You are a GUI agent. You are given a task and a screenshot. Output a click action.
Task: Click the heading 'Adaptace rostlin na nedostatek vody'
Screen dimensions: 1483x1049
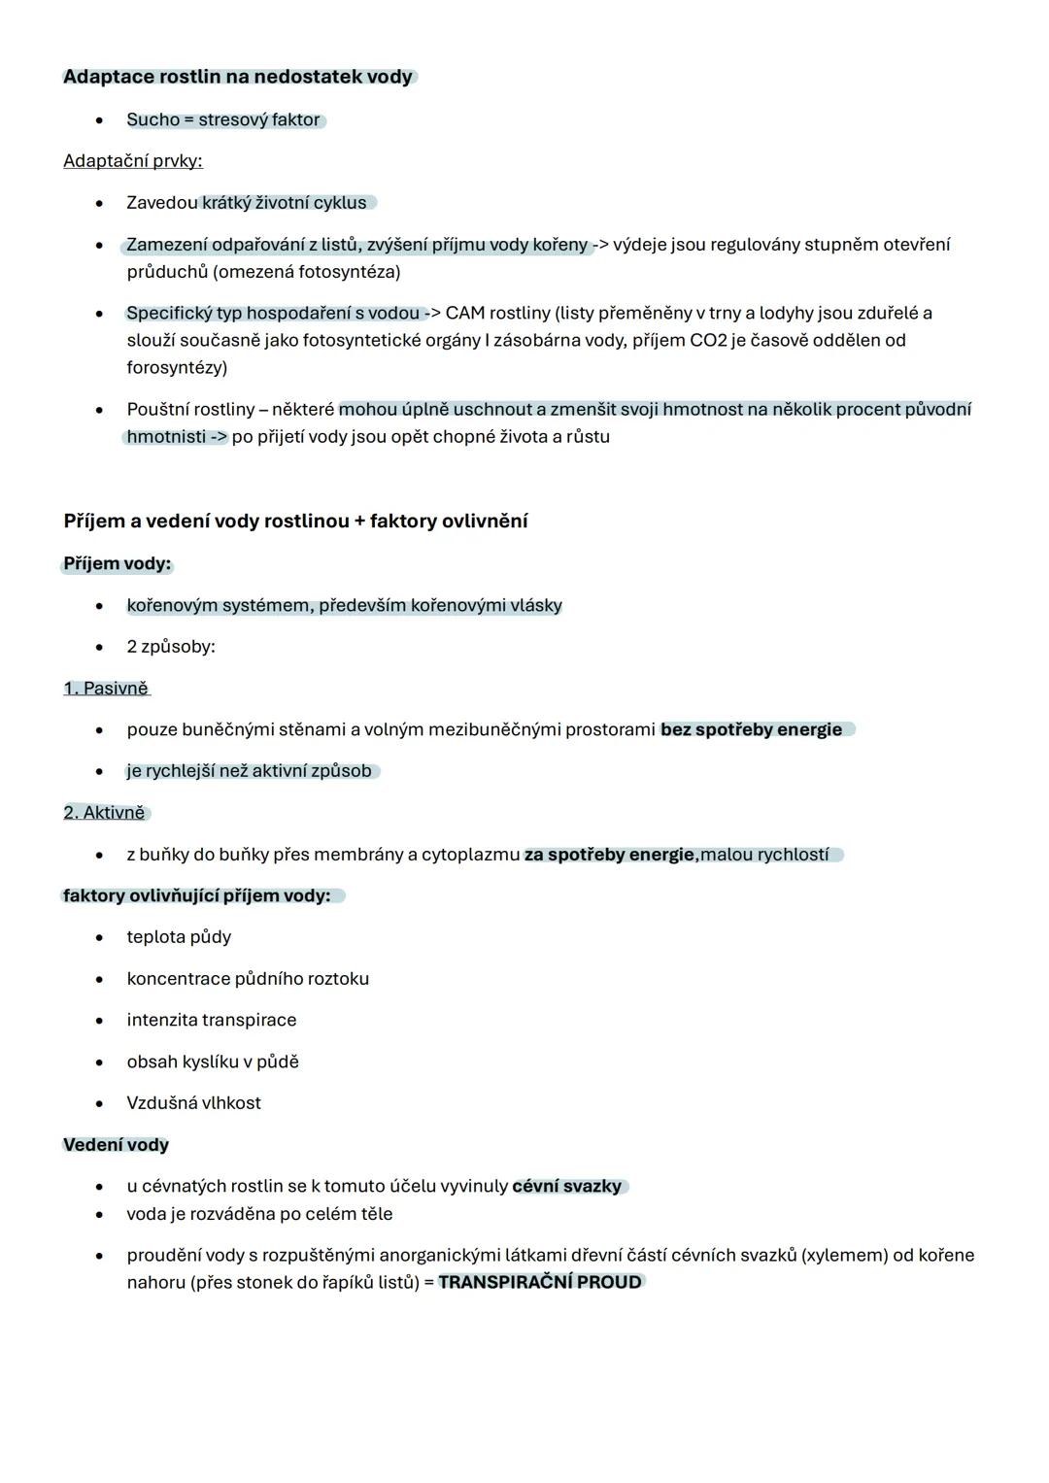pos(238,77)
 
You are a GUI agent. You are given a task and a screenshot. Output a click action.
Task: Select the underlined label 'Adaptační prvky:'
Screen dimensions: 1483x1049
pos(133,160)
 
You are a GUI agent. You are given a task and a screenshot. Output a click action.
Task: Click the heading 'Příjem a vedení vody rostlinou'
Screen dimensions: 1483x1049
pos(206,521)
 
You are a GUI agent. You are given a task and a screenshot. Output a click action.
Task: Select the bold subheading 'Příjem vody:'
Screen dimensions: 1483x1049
pos(117,563)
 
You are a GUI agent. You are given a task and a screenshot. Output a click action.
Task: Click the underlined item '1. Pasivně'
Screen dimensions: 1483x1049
pos(106,688)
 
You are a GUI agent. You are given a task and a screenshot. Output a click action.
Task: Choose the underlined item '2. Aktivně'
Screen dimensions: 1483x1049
pos(104,812)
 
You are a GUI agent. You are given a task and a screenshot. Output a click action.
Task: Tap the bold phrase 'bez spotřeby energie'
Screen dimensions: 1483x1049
pos(751,729)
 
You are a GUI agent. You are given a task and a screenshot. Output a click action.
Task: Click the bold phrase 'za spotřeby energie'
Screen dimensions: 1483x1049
pos(609,855)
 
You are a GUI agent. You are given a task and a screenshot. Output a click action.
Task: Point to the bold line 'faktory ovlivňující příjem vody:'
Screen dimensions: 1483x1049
pos(196,895)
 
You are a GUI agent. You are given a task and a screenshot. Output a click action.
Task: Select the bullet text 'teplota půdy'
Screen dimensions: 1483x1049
pos(179,937)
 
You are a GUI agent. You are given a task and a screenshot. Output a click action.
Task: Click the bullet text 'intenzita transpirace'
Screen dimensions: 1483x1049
pos(212,1020)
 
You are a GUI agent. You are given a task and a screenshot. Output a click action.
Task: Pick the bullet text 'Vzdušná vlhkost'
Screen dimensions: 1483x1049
pos(193,1103)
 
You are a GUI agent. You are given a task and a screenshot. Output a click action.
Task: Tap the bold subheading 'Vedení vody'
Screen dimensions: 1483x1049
pos(116,1145)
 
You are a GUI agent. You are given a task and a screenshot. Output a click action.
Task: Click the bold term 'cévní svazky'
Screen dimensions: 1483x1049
pos(566,1186)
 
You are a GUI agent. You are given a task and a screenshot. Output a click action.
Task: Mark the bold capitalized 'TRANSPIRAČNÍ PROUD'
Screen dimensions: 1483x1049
pos(540,1282)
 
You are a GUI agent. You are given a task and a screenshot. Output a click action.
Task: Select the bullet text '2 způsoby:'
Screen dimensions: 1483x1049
pos(171,647)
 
